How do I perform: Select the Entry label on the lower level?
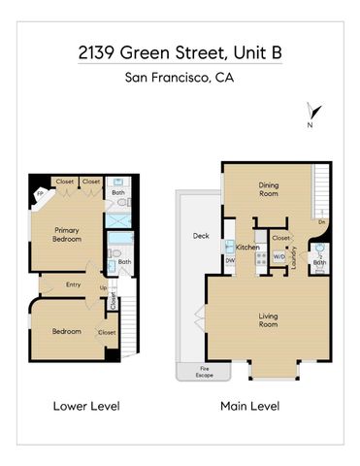point(74,284)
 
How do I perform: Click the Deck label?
point(201,236)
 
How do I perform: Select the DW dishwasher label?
point(230,260)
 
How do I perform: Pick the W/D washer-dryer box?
point(278,257)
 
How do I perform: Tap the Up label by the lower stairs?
point(104,286)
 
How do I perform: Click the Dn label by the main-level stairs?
point(321,222)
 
